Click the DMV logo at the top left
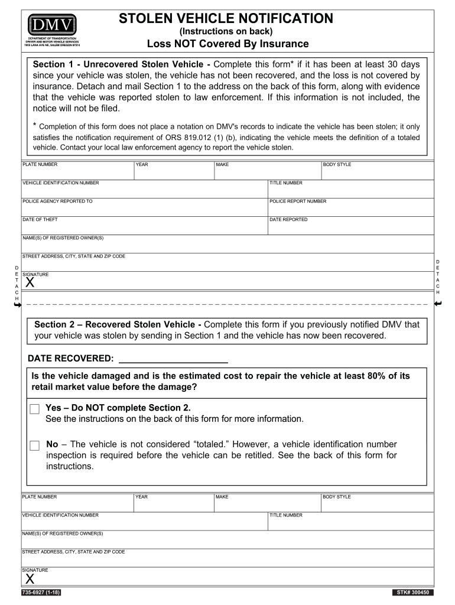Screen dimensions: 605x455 [51, 24]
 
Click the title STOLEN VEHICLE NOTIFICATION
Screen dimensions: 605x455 [226, 18]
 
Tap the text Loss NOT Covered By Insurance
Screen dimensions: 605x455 [227, 44]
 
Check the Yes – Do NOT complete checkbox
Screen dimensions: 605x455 [35, 409]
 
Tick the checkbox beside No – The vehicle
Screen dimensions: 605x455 [35, 445]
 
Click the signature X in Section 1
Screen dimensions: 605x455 [30, 283]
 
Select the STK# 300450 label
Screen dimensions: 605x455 [413, 593]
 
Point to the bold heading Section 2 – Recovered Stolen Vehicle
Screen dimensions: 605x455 [118, 324]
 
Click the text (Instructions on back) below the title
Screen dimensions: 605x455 [226, 31]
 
